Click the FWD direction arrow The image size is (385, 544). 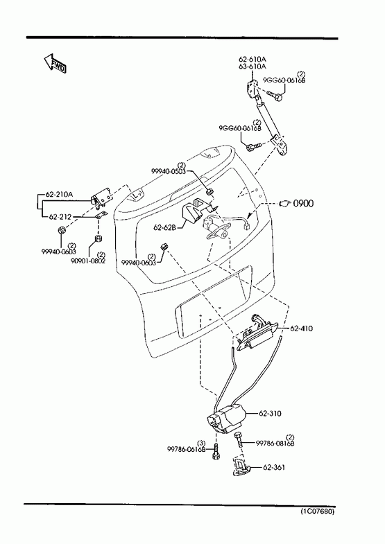coord(54,64)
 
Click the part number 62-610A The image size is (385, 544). coord(253,60)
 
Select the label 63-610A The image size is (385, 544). coord(253,67)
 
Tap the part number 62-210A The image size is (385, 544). coord(59,194)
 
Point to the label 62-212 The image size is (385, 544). coord(60,217)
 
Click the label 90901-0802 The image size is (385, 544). coord(88,261)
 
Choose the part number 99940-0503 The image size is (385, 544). coord(169,171)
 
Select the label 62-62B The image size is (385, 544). coord(165,227)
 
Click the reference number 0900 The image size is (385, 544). coord(303,203)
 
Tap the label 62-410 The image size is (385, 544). coord(301,328)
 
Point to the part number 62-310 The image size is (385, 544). coord(270,414)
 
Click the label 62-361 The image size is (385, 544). coord(274,467)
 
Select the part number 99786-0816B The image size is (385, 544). coord(275,443)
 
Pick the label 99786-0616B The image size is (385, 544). coord(187,449)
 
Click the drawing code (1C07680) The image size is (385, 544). coord(317,511)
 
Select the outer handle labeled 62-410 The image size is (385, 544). coord(257,333)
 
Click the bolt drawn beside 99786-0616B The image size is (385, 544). coord(216,451)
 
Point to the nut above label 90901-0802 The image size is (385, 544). coord(99,238)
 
